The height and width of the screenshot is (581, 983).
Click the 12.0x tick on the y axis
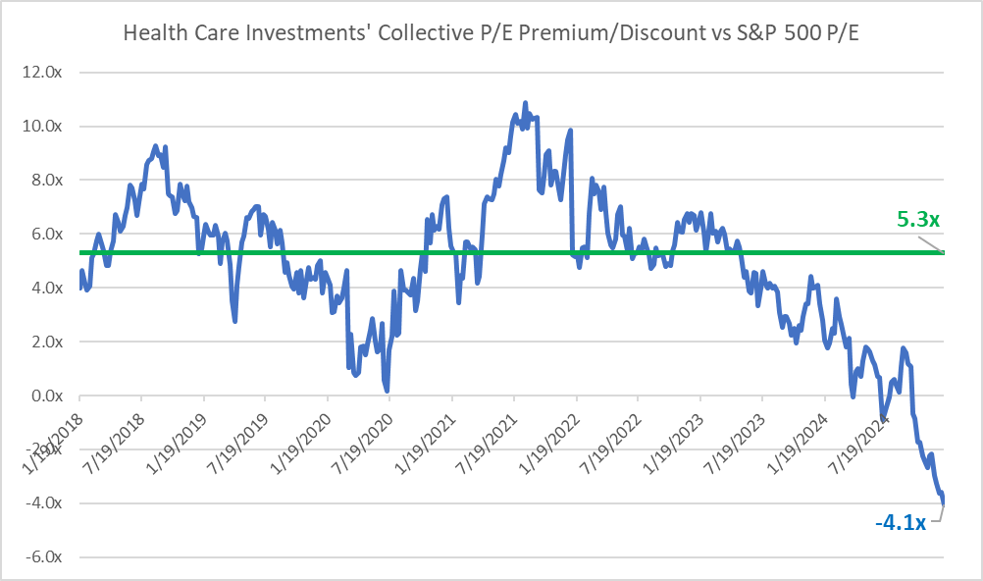(x=42, y=73)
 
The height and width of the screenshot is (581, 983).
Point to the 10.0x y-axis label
(x=42, y=127)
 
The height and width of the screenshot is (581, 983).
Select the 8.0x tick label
(x=46, y=180)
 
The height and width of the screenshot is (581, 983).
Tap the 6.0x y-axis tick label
(x=46, y=234)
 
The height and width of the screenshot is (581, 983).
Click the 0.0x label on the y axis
(x=46, y=396)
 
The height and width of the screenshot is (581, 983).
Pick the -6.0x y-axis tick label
(x=44, y=557)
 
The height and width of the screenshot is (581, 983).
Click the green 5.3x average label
(x=918, y=219)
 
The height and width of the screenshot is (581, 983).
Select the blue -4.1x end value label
(x=901, y=522)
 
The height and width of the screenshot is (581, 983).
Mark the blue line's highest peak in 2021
(x=526, y=103)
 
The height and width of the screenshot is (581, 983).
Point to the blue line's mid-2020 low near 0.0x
(x=387, y=391)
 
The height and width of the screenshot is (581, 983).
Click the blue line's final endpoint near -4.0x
(x=943, y=502)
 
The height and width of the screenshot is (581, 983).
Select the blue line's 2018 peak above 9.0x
(x=155, y=146)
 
